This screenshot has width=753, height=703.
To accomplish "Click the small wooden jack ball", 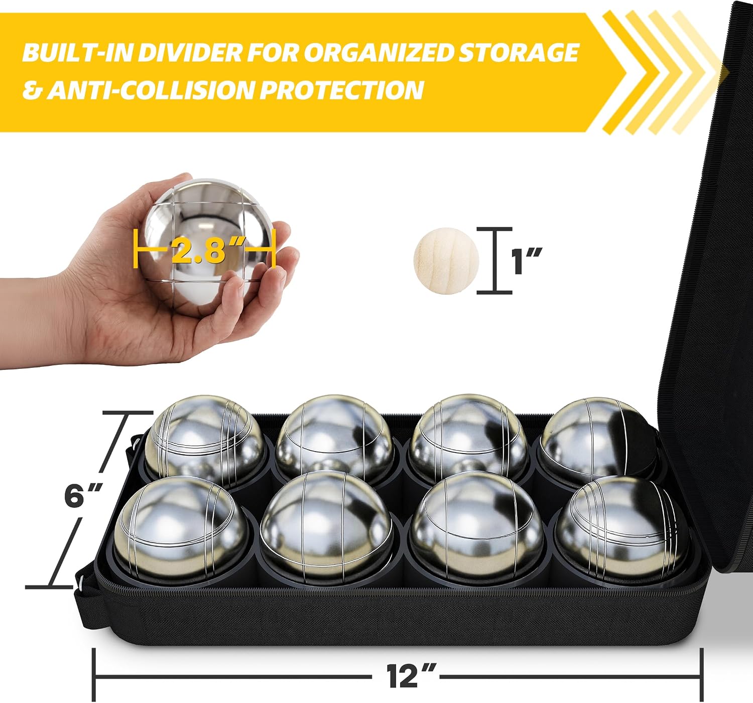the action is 446,260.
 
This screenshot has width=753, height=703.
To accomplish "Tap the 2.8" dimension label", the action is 209,250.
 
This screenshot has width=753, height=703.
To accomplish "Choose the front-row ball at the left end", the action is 181,528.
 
